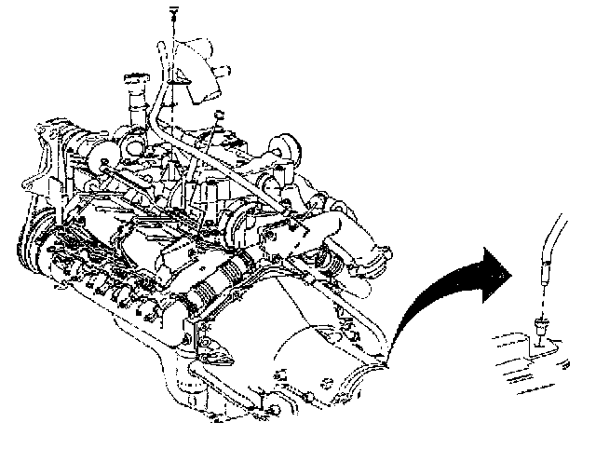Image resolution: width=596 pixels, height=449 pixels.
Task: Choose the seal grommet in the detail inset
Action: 541,327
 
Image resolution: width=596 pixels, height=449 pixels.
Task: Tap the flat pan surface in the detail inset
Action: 549,373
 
